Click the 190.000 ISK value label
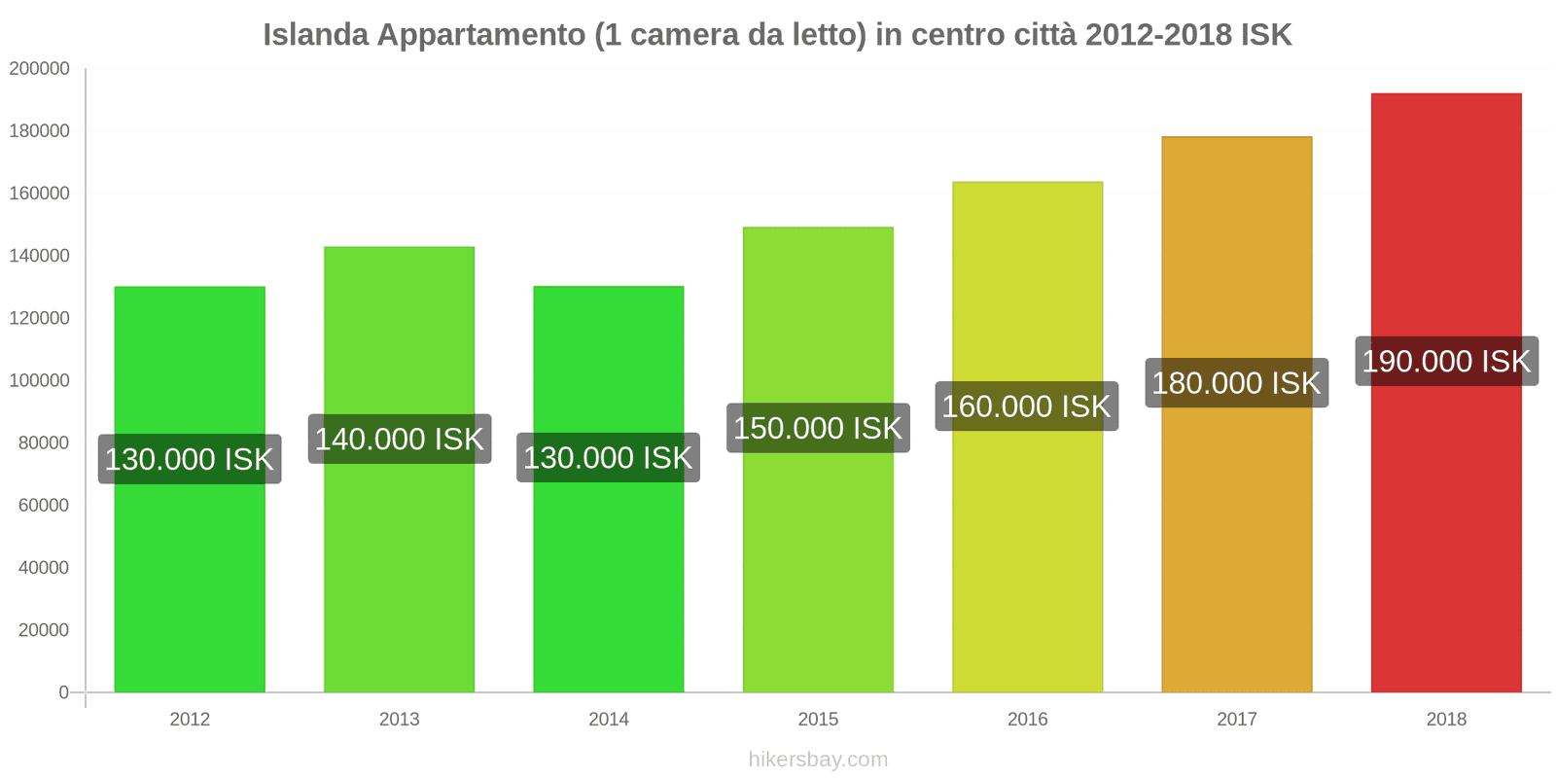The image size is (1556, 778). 1446,362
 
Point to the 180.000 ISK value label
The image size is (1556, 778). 1236,383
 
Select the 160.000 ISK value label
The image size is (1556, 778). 1026,407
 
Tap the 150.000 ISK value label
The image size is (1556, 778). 818,428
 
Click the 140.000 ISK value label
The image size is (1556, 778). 399,440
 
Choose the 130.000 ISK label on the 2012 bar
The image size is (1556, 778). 190,459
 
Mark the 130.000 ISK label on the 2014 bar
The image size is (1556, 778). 608,458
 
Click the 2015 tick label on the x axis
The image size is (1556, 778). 818,720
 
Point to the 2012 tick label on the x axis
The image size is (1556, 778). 190,720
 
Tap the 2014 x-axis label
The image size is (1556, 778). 609,720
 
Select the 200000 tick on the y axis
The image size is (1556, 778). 40,69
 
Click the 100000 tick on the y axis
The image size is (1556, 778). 40,380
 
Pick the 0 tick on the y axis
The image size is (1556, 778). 63,692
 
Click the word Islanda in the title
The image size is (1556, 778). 316,35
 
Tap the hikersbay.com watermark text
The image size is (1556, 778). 818,760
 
